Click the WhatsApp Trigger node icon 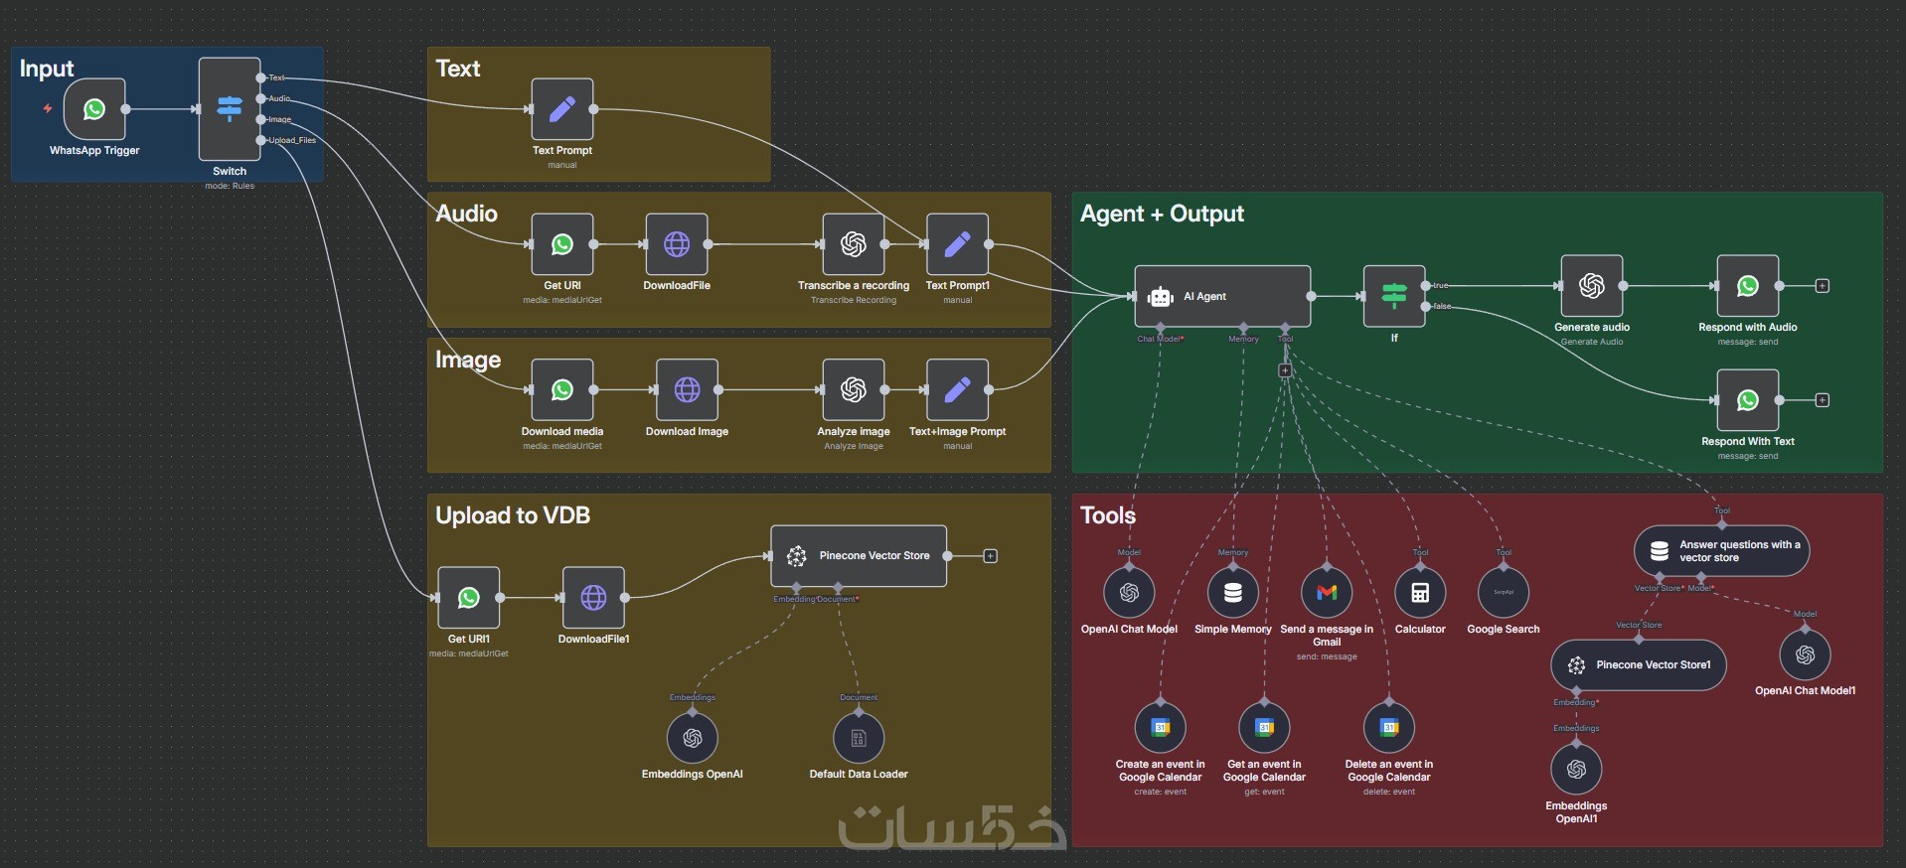(94, 109)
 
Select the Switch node (230, 108)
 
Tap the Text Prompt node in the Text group (562, 109)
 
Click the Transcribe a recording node (853, 244)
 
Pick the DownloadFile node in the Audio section (677, 244)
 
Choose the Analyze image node (853, 390)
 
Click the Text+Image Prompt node (957, 390)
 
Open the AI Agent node (1222, 296)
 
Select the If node (1394, 295)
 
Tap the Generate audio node (1592, 286)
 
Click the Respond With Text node (1747, 400)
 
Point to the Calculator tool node (1420, 593)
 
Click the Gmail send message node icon (1327, 593)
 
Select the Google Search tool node (1504, 593)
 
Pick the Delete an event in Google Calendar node (1389, 728)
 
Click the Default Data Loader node (859, 738)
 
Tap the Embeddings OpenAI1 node (1576, 770)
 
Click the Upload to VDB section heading (513, 515)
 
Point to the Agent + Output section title (1162, 214)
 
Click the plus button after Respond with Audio (1823, 286)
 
